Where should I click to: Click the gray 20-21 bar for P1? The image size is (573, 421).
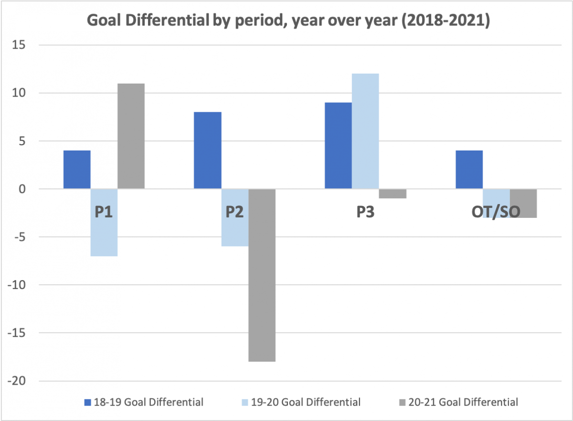click(x=131, y=136)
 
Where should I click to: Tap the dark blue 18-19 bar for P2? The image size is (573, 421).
click(x=207, y=151)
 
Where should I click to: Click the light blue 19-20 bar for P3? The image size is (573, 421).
click(x=365, y=131)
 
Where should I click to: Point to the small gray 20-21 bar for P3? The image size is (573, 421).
click(x=393, y=194)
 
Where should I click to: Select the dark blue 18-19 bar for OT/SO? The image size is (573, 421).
click(x=469, y=170)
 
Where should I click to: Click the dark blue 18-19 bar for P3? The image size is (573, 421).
click(x=338, y=146)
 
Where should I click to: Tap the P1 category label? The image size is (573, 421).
click(x=104, y=212)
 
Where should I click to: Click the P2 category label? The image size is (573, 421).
click(x=234, y=212)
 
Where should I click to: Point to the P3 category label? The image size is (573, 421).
click(x=365, y=212)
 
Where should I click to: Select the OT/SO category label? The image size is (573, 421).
click(x=496, y=212)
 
